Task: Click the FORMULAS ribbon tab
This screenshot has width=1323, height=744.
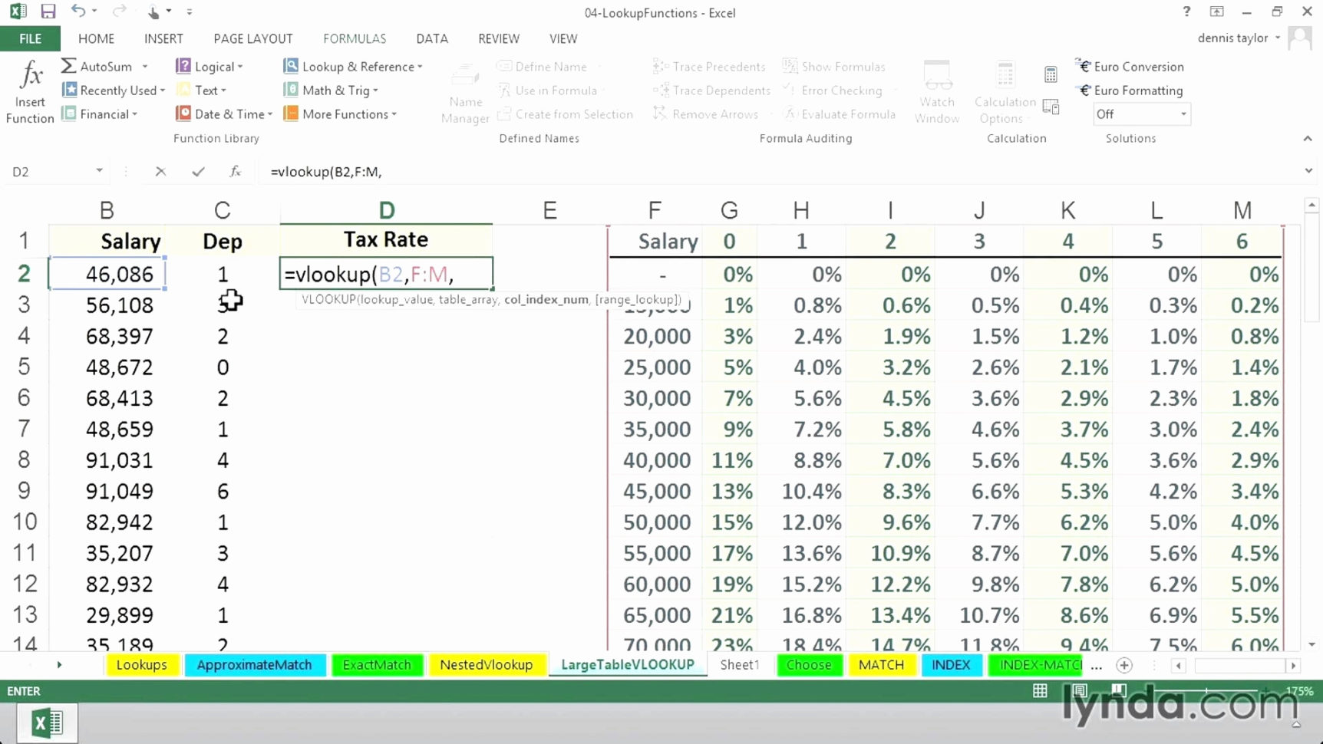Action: tap(354, 38)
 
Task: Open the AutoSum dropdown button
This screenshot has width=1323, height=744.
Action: tap(144, 67)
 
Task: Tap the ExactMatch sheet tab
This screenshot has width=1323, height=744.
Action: tap(377, 665)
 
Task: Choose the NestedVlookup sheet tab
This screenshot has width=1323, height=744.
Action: tap(486, 665)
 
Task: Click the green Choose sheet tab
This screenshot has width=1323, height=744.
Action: tap(808, 665)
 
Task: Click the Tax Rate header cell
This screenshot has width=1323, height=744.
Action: tap(386, 240)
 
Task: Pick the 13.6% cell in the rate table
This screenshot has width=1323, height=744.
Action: tap(811, 553)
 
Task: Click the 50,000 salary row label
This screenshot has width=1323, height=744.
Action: tap(657, 522)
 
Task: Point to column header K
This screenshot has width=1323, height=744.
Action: tap(1067, 210)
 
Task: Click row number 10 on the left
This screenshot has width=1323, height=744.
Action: tap(24, 522)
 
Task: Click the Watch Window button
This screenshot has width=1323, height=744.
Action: tap(937, 92)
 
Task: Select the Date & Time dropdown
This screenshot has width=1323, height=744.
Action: tap(224, 114)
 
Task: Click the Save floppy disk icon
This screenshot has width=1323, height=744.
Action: tap(48, 12)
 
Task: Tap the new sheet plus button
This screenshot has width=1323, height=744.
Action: tap(1124, 665)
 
